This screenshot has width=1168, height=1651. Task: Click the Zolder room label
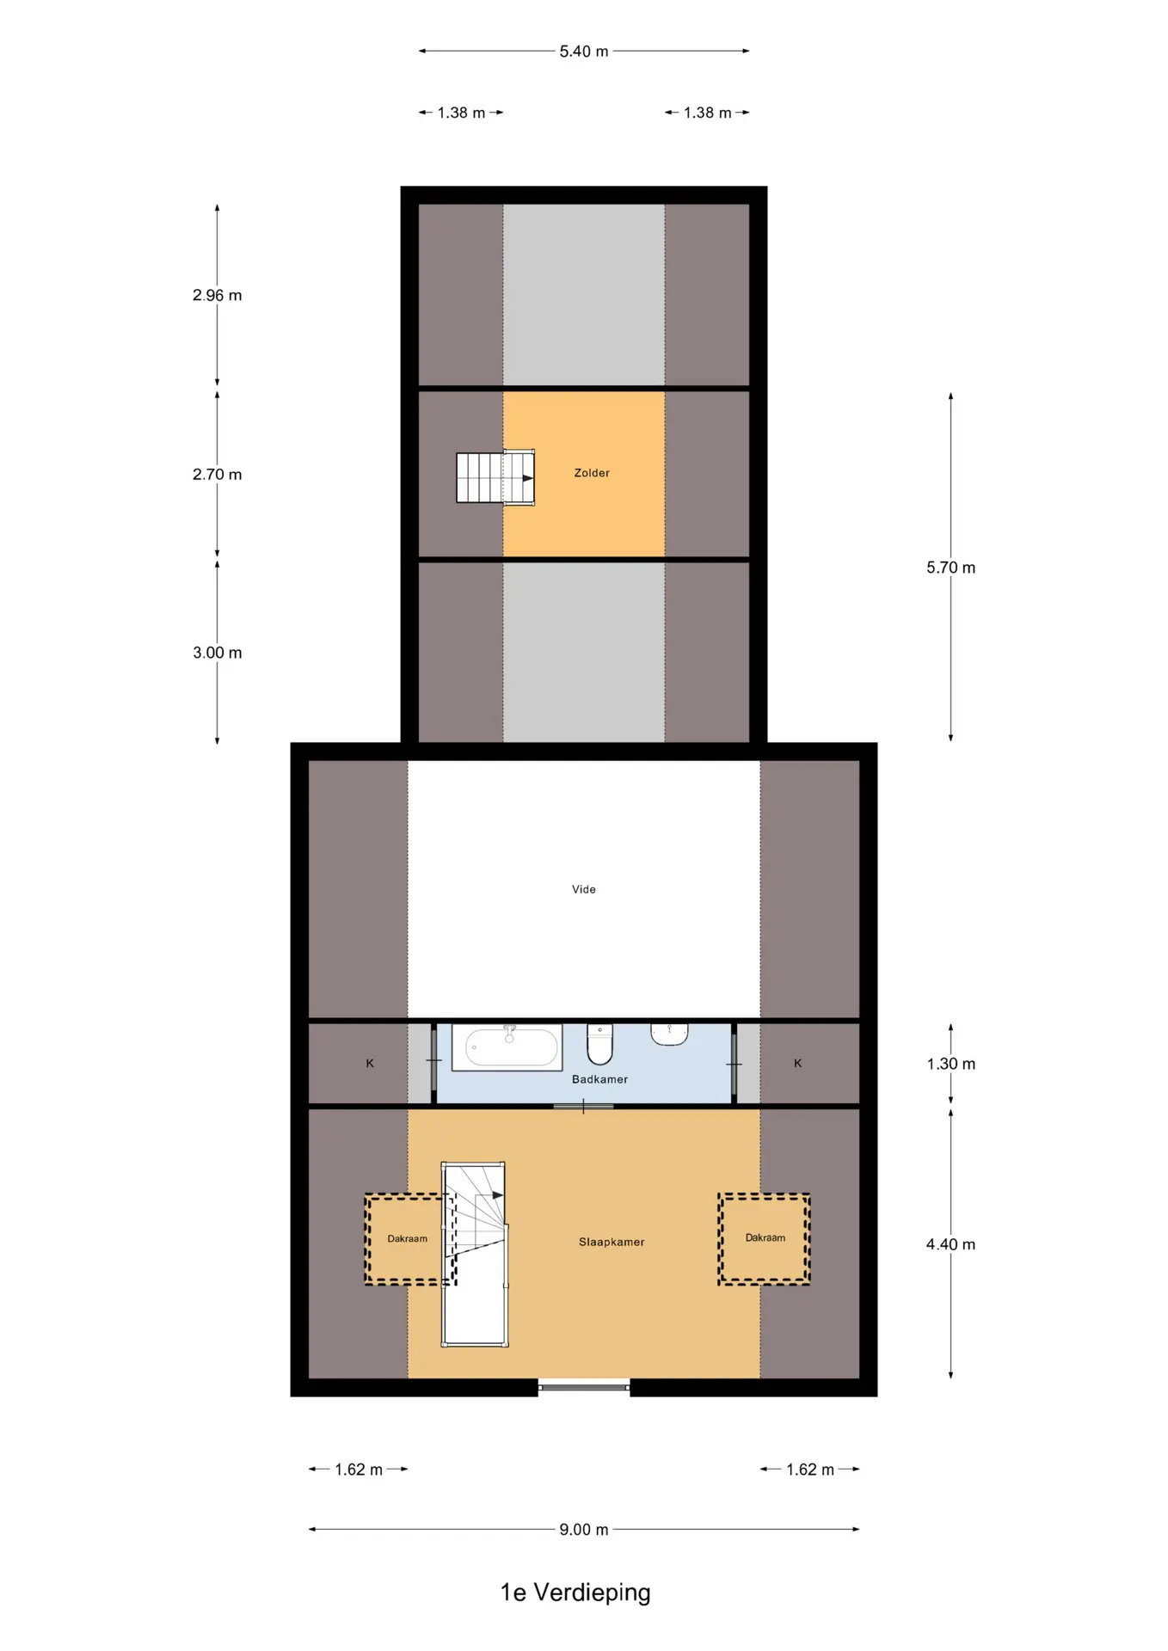pos(592,473)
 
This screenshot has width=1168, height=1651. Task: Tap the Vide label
pos(584,889)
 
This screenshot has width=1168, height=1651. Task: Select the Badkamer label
pos(599,1079)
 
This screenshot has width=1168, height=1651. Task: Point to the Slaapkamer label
pos(612,1242)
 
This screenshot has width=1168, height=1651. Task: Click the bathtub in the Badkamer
pos(507,1046)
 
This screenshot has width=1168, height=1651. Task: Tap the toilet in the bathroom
pos(599,1044)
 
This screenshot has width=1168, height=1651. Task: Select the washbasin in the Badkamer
pos(669,1034)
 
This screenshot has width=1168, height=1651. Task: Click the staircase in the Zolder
pos(495,477)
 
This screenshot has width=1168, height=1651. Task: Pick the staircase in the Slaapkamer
pos(474,1254)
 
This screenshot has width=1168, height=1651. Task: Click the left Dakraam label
pos(407,1239)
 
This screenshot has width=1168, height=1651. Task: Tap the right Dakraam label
pos(765,1238)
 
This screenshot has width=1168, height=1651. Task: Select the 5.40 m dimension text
pos(584,52)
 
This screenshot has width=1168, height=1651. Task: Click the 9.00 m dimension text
pos(584,1530)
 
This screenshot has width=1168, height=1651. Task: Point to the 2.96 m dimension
pos(217,296)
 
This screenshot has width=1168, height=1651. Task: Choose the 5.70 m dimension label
pos(950,568)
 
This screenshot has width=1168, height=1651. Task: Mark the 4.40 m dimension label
pos(950,1244)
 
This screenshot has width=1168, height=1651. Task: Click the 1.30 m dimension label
pos(950,1064)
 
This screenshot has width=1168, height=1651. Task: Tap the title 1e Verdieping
pos(575,1593)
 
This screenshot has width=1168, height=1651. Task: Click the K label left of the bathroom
pos(370,1064)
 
